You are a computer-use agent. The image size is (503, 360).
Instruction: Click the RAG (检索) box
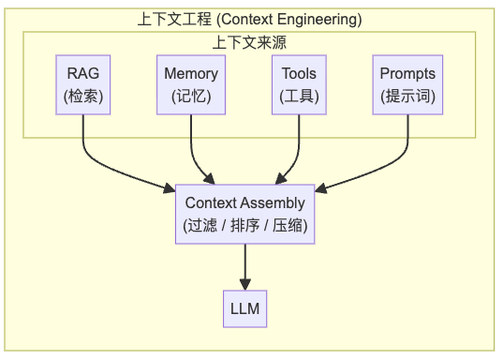(x=82, y=84)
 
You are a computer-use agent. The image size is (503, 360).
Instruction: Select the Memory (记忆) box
(x=191, y=84)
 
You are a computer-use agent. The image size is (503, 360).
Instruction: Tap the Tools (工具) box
(x=299, y=84)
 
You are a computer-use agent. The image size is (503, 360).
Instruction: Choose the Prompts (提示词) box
(x=407, y=84)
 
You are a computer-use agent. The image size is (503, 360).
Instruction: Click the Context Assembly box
(x=245, y=214)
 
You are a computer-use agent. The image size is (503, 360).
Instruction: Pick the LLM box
(x=245, y=308)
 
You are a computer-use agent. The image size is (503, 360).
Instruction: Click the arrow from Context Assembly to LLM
(x=245, y=267)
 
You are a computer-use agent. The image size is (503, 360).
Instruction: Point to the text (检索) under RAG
(x=82, y=96)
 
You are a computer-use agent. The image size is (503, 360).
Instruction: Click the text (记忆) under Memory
(x=191, y=96)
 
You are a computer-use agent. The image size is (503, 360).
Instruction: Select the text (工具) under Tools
(x=299, y=96)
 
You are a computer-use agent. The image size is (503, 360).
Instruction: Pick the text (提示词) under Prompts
(x=407, y=96)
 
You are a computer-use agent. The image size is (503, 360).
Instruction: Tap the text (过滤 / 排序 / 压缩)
(x=245, y=225)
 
